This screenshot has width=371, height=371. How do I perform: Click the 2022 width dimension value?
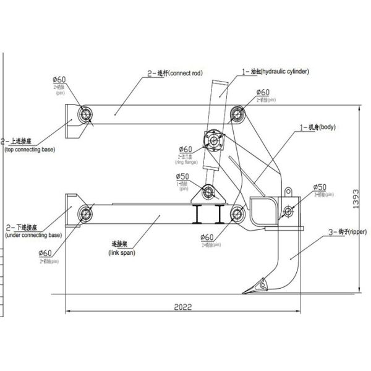click(x=182, y=307)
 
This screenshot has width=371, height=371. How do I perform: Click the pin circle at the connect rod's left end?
click(x=85, y=113)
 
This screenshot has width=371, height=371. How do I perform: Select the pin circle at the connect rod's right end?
click(x=235, y=113)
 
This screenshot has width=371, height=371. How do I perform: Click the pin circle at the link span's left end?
click(x=85, y=214)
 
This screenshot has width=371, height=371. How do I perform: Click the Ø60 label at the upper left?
click(x=60, y=80)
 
